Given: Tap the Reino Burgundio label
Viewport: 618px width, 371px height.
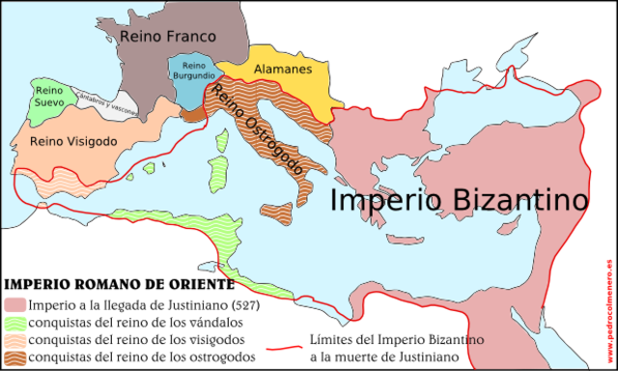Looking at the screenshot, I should [186, 71].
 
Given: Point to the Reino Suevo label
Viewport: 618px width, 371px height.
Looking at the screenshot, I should [49, 96].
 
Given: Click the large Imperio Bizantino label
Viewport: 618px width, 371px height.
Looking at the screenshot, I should [459, 201].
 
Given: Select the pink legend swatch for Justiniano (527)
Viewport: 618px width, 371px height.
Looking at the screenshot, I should [14, 306].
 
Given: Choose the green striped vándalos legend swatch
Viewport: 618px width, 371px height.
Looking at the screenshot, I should [14, 324].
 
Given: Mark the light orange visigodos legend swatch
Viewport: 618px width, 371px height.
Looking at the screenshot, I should [14, 340].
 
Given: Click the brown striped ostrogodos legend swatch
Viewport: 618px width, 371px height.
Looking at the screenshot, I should [14, 357].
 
